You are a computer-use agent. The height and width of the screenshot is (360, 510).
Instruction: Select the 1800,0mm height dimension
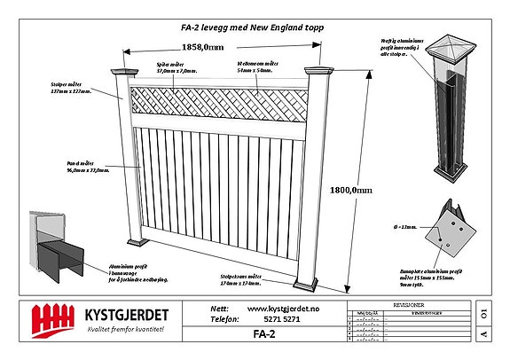coord(349,190)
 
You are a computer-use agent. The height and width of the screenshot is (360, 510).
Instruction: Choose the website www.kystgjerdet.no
coord(284,307)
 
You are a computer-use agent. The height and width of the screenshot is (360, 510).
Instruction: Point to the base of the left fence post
coord(139,239)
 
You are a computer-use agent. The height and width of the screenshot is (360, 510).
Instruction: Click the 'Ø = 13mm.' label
coord(409,228)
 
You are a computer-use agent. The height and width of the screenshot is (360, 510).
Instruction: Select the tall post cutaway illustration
coord(455,115)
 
